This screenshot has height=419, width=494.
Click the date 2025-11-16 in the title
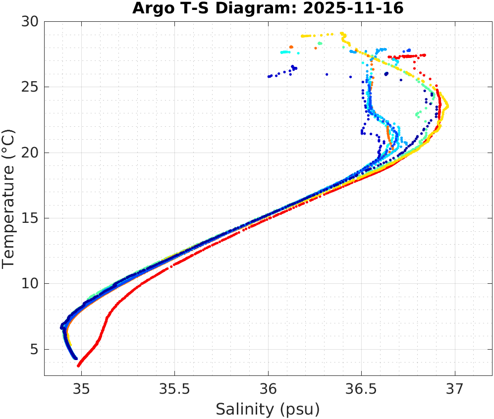pyautogui.click(x=361, y=8)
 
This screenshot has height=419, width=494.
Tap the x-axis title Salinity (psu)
pyautogui.click(x=268, y=409)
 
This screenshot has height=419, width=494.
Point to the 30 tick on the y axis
pyautogui.click(x=32, y=22)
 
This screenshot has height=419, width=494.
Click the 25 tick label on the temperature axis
pyautogui.click(x=32, y=87)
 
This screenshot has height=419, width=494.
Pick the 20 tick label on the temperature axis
pyautogui.click(x=32, y=153)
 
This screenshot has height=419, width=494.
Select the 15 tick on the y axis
pyautogui.click(x=32, y=218)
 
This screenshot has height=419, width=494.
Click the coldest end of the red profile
pyautogui.click(x=78, y=366)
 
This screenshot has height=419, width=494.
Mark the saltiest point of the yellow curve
pyautogui.click(x=447, y=106)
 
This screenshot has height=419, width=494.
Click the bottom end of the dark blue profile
pyautogui.click(x=76, y=358)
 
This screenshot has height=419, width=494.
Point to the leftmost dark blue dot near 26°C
pyautogui.click(x=269, y=76)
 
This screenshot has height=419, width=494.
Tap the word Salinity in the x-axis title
pyautogui.click(x=244, y=409)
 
